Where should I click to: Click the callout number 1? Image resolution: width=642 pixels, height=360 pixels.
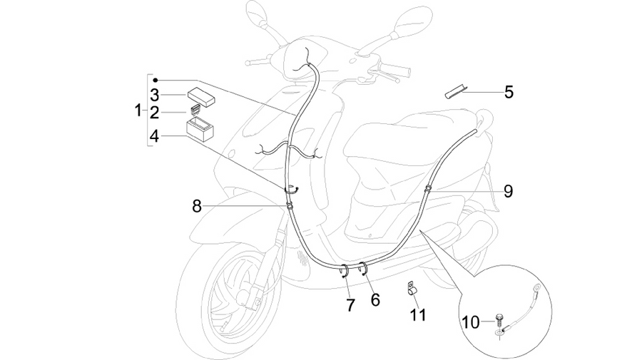[x=138, y=110]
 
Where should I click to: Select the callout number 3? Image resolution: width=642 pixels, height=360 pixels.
[x=154, y=95]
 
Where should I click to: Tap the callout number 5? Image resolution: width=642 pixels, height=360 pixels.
[x=509, y=92]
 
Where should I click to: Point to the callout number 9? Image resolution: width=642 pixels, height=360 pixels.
[x=508, y=191]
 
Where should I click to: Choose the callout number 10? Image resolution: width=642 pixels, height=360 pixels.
[x=471, y=322]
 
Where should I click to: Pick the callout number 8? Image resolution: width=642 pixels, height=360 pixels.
[x=197, y=206]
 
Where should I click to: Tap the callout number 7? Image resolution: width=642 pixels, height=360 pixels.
[x=350, y=305]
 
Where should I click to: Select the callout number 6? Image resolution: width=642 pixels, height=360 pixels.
[x=375, y=300]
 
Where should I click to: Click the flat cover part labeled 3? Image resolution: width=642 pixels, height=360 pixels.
[x=201, y=98]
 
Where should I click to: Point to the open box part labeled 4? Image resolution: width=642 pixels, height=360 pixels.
[x=200, y=128]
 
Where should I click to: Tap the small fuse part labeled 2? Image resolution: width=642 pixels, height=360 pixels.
[x=195, y=109]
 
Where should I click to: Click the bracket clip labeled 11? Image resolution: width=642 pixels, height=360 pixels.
[x=412, y=287]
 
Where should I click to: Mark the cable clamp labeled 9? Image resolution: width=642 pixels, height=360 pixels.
[x=427, y=189]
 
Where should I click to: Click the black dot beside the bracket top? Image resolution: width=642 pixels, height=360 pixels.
[x=156, y=80]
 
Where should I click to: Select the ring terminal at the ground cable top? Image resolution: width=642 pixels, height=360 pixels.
[x=536, y=289]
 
